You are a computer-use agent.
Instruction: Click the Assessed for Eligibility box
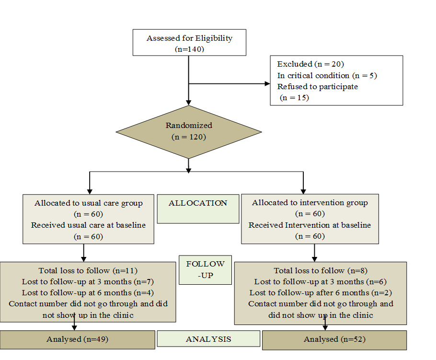[189, 43]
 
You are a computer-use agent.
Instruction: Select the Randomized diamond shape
[189, 131]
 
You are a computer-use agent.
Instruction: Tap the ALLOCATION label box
[198, 209]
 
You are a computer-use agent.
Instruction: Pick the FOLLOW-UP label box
[205, 270]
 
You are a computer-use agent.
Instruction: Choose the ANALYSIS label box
[208, 339]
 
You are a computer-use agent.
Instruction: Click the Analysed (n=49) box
[77, 339]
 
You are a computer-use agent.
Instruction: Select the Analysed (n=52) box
[334, 339]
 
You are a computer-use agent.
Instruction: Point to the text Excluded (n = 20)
[310, 64]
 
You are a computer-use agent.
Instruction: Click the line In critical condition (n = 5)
[327, 75]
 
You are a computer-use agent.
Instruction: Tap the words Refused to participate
[317, 86]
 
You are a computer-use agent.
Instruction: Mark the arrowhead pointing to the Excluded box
[267, 83]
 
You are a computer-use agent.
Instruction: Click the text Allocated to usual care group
[88, 203]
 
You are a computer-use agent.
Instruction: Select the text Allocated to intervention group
[310, 202]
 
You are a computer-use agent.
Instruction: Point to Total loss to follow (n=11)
[88, 270]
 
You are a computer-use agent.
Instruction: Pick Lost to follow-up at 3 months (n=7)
[88, 281]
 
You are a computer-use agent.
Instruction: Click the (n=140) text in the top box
[189, 49]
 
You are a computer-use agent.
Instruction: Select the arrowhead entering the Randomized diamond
[189, 102]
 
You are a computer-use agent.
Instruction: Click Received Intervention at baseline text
[310, 225]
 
